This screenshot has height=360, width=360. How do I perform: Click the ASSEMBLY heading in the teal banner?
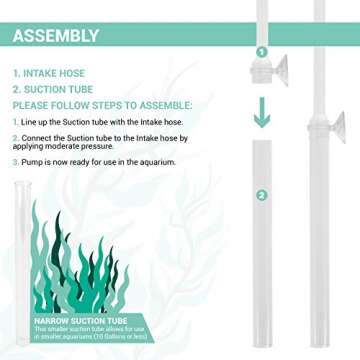pyautogui.click(x=56, y=38)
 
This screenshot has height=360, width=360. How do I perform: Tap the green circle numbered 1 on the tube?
pyautogui.click(x=261, y=51)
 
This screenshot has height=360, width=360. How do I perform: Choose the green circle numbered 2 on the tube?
pyautogui.click(x=261, y=195)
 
